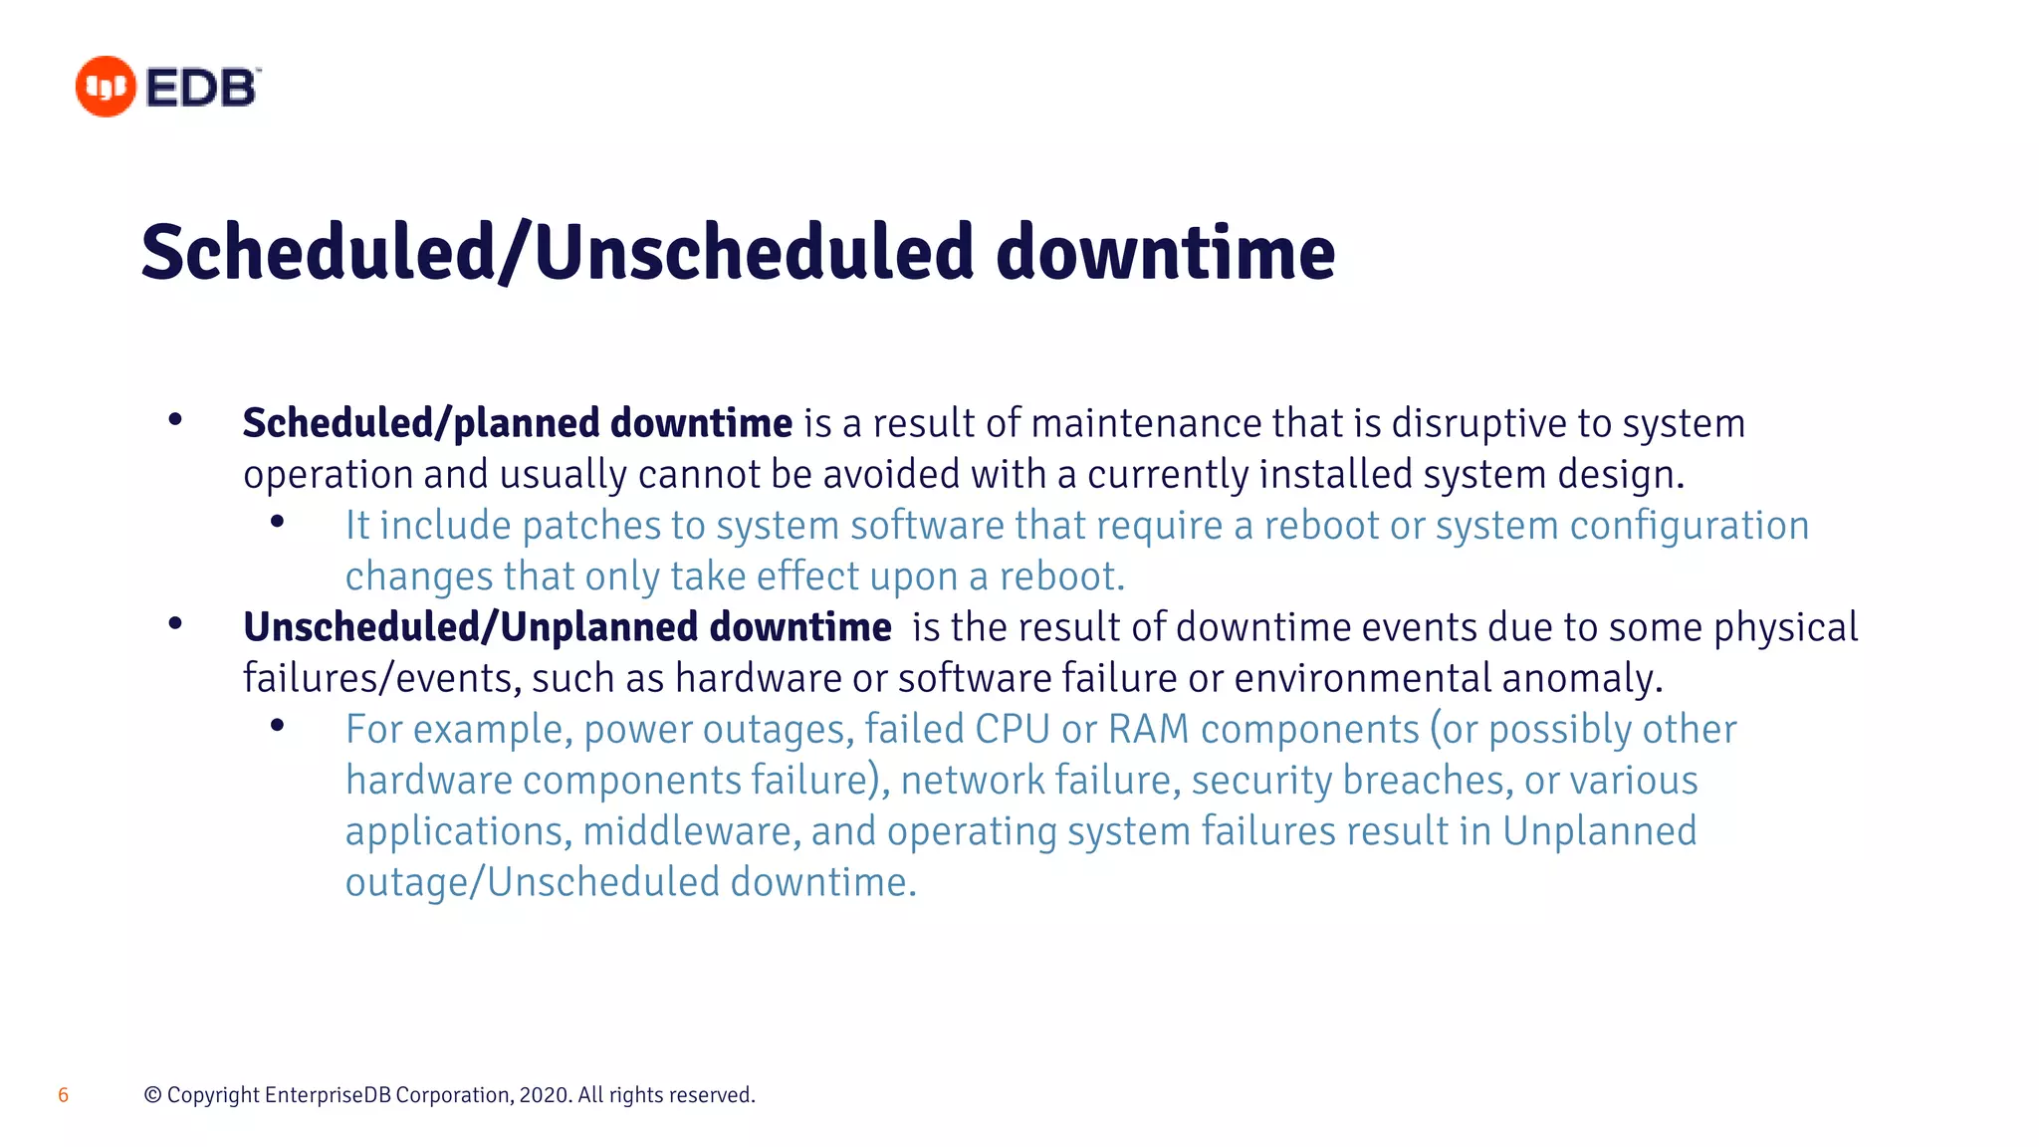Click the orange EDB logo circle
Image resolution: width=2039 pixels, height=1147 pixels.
click(105, 87)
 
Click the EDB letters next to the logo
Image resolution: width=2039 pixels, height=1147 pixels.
click(202, 88)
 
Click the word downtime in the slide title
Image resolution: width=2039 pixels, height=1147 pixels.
click(1165, 253)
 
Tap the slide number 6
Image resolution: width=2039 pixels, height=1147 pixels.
click(64, 1095)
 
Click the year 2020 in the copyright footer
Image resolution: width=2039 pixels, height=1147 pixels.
click(545, 1095)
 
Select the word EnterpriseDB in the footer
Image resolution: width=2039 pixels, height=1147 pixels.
click(328, 1095)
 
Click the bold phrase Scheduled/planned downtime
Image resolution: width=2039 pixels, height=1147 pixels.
click(517, 423)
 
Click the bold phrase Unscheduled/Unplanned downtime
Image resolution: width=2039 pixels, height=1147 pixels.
click(566, 627)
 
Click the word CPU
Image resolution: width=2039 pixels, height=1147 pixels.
click(1012, 730)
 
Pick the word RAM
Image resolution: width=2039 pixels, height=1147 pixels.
click(1148, 730)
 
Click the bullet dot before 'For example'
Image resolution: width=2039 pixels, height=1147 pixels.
click(278, 726)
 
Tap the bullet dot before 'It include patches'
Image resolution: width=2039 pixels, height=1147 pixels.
click(278, 522)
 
